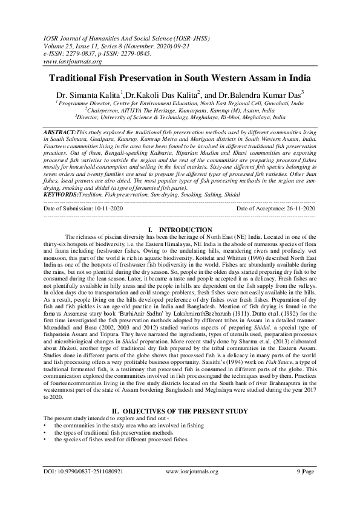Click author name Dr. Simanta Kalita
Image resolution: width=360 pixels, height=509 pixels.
pos(87,95)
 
